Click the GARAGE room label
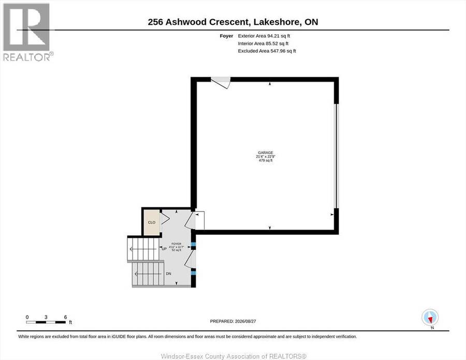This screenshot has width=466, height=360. (266, 153)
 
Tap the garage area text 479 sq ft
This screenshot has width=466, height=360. (266, 160)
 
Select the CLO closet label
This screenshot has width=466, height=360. (152, 222)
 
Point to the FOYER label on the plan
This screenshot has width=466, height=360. (176, 244)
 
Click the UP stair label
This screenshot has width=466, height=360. (164, 249)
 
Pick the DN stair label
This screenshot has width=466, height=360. (168, 274)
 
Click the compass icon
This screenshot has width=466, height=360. (430, 318)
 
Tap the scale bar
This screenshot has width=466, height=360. (46, 322)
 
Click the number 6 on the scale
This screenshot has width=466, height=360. (65, 317)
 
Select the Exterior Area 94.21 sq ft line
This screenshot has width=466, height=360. (264, 36)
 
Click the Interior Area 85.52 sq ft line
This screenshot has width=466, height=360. (263, 43)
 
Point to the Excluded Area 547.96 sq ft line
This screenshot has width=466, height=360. (267, 51)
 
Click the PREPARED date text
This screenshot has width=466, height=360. (233, 321)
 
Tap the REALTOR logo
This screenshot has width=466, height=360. (28, 32)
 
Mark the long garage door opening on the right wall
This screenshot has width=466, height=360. (337, 156)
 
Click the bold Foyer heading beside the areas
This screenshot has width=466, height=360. (226, 36)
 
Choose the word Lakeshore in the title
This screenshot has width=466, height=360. (277, 22)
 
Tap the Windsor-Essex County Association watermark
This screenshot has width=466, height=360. (234, 356)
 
